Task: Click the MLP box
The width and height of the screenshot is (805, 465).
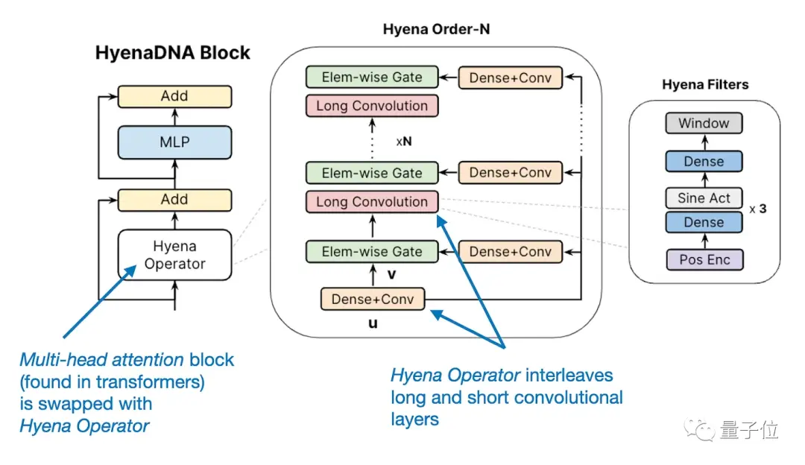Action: pyautogui.click(x=174, y=142)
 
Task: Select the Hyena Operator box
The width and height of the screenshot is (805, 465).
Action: pyautogui.click(x=174, y=255)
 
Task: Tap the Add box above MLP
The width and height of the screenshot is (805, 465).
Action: pyautogui.click(x=174, y=96)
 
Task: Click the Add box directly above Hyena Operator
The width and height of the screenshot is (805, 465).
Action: pyautogui.click(x=174, y=200)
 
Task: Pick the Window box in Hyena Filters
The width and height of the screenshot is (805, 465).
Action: pyautogui.click(x=704, y=123)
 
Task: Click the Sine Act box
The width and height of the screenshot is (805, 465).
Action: pyautogui.click(x=704, y=198)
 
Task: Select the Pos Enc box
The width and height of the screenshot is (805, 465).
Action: pyautogui.click(x=704, y=260)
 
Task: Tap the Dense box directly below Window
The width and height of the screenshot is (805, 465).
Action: pyautogui.click(x=704, y=161)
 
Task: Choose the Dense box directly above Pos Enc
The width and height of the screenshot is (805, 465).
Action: pyautogui.click(x=704, y=222)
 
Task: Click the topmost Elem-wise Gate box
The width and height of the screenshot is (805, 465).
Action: pyautogui.click(x=372, y=77)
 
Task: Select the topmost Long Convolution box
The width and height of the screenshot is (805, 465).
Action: pyautogui.click(x=372, y=106)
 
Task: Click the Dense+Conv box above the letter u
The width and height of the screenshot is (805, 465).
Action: pyautogui.click(x=373, y=300)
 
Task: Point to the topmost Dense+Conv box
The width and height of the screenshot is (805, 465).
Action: pyautogui.click(x=511, y=77)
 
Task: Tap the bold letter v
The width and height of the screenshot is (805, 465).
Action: pyautogui.click(x=392, y=274)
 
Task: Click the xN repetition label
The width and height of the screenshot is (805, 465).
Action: pyautogui.click(x=404, y=141)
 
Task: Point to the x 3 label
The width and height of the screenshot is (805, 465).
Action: pyautogui.click(x=758, y=209)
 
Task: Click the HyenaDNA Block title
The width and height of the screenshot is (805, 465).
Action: pyautogui.click(x=172, y=53)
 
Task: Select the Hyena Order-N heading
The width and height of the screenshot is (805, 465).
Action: pyautogui.click(x=436, y=29)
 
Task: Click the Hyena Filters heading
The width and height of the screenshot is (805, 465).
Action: pyautogui.click(x=705, y=85)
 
